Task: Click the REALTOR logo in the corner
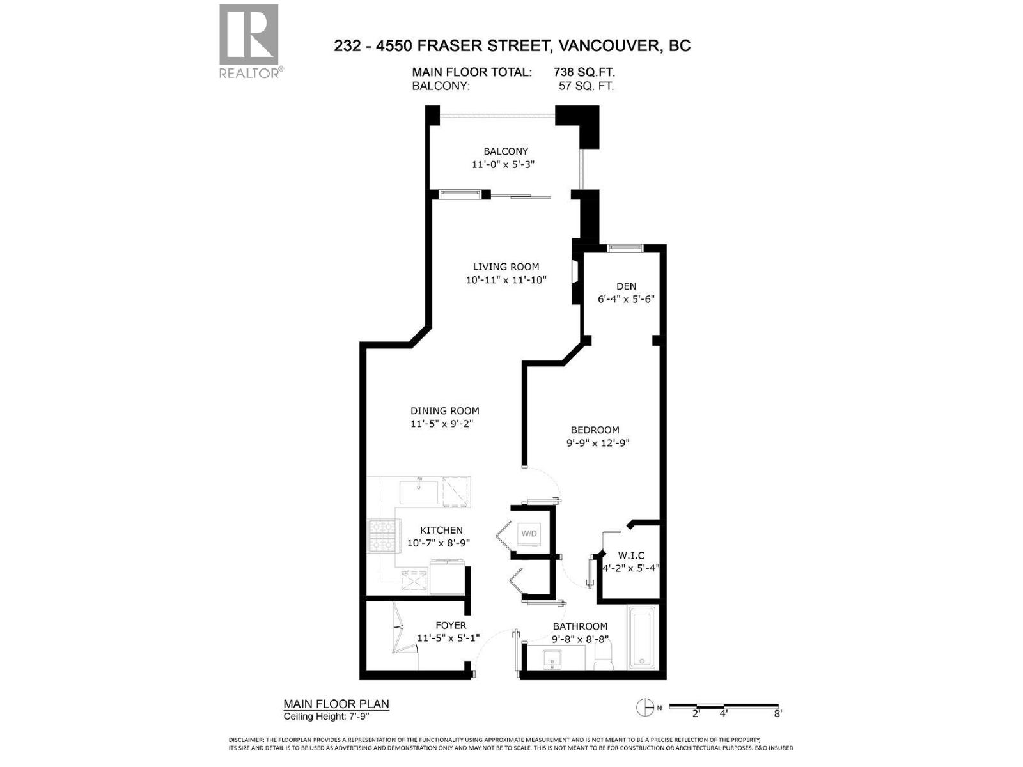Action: (249, 40)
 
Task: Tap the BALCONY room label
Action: (506, 151)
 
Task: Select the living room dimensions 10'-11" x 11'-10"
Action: (506, 280)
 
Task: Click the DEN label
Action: (626, 286)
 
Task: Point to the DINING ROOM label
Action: (444, 411)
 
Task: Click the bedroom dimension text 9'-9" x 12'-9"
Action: (598, 443)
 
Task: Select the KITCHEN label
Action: (441, 530)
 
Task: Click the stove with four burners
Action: (383, 536)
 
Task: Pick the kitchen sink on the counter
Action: (419, 493)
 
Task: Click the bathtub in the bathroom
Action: (641, 639)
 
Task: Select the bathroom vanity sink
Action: (551, 658)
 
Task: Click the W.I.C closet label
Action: (631, 555)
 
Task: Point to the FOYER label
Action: (451, 625)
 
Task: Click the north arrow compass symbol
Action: (645, 707)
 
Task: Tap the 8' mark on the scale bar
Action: (777, 713)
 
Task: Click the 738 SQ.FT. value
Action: (584, 72)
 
